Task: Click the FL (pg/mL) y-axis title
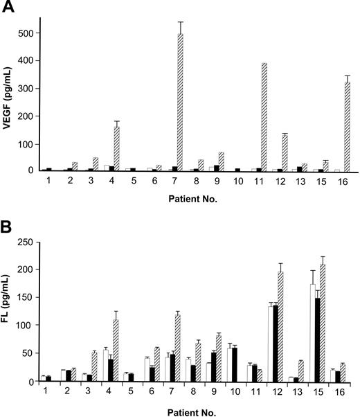10,310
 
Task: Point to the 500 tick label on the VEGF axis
24,33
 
